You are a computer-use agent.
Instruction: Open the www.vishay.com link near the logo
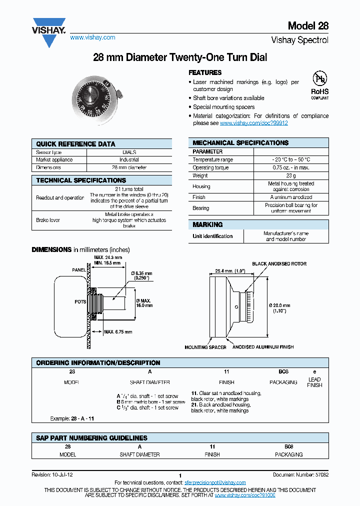[92, 37]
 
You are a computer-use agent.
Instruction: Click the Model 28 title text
[308, 26]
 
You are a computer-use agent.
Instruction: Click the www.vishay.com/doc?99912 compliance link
[253, 123]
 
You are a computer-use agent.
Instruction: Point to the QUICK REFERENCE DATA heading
[75, 144]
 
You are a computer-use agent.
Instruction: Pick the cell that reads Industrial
[129, 160]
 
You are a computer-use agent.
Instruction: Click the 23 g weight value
[291, 176]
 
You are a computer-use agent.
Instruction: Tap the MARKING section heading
[207, 224]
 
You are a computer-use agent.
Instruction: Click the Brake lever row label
[48, 220]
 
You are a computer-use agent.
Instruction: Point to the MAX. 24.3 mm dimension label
[107, 257]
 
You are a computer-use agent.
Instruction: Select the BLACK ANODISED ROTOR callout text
[279, 263]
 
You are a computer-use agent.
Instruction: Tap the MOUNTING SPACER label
[205, 347]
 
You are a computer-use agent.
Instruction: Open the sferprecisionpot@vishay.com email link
[215, 482]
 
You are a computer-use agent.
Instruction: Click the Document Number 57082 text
[300, 474]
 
